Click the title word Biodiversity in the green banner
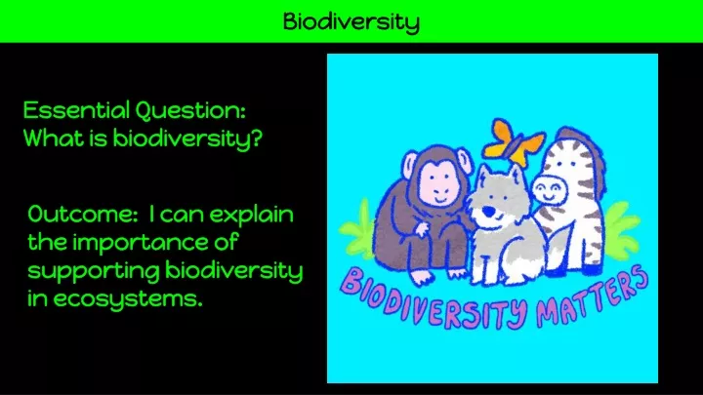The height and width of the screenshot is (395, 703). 351,21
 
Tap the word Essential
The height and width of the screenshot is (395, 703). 76,109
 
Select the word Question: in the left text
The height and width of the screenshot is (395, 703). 190,110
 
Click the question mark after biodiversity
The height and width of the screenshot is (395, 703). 256,138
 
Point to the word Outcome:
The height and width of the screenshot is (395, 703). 82,214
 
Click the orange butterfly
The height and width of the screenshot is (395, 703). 515,142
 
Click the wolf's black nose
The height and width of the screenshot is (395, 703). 488,211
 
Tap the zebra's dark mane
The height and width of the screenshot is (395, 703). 588,157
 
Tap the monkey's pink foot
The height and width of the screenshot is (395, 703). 423,278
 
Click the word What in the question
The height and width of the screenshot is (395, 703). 53,138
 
